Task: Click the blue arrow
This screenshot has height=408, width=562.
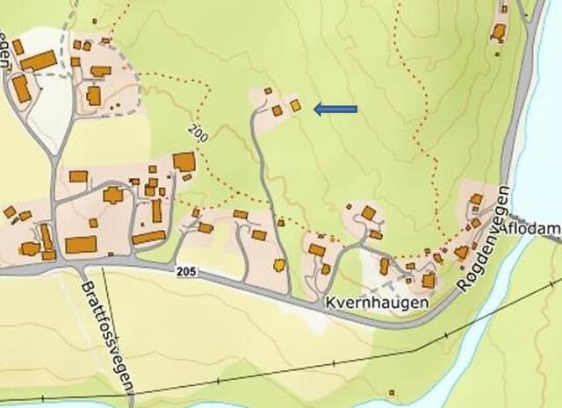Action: [335, 109]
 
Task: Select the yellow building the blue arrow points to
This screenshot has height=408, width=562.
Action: [296, 105]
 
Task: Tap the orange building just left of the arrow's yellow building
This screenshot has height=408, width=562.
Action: [277, 110]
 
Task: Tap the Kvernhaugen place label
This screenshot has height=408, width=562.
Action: [377, 303]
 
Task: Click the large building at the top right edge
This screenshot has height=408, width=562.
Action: [499, 32]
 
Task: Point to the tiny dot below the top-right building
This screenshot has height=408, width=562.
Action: [500, 54]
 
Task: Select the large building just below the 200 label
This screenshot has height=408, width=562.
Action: [184, 161]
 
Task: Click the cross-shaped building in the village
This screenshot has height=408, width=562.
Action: [113, 195]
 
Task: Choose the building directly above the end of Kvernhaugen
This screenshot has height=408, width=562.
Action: [429, 281]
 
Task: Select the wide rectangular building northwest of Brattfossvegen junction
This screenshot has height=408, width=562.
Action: [81, 244]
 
